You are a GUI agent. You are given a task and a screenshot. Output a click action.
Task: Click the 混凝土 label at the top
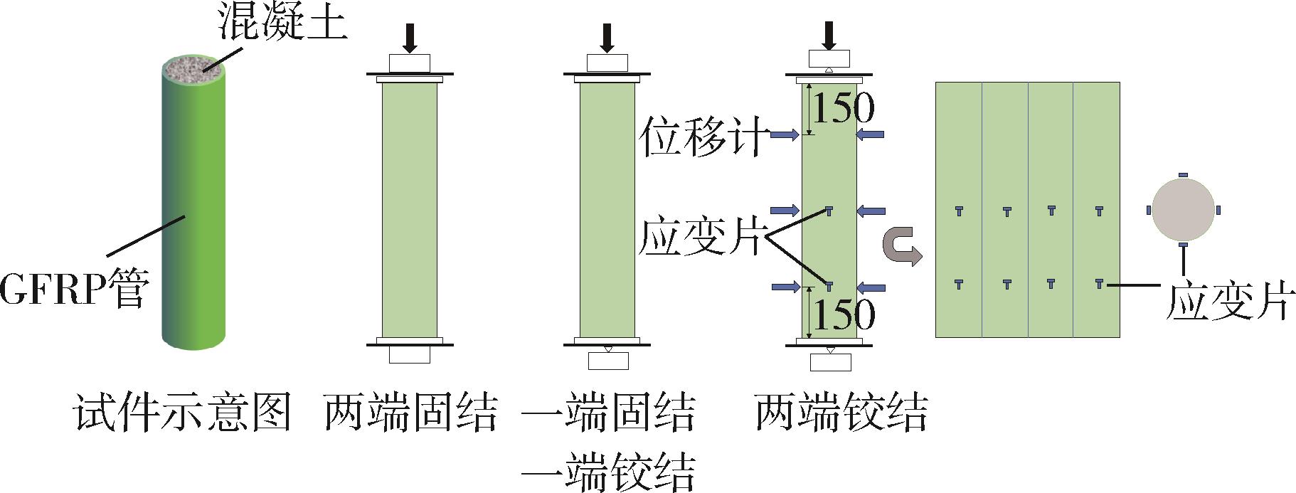282,23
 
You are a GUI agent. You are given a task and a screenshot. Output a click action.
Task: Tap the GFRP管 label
74,288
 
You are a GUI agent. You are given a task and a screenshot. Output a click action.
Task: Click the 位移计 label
703,137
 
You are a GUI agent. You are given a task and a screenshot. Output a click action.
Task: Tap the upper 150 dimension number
843,108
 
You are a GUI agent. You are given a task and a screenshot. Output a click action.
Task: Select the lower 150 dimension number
843,314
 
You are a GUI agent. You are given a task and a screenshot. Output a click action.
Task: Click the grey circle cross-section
1183,210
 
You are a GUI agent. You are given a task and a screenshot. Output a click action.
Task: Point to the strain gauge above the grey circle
1183,174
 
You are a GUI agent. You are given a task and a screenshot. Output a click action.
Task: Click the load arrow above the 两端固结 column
410,38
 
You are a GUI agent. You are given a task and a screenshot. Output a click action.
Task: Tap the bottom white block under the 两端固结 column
410,354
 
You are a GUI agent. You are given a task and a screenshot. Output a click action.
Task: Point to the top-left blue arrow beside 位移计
785,134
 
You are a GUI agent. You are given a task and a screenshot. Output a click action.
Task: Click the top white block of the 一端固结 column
607,63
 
